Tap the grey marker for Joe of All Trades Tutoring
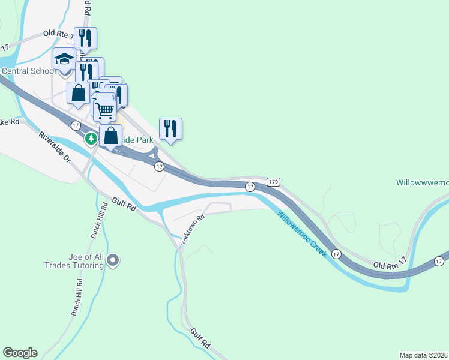tap(112, 260)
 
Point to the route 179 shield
tap(273, 181)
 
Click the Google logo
tap(20, 353)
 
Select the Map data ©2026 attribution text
tap(424, 355)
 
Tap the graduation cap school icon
tap(64, 59)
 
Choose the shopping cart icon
tap(105, 109)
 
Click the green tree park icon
tap(91, 139)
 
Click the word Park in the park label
tap(144, 140)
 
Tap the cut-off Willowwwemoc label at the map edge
tap(423, 182)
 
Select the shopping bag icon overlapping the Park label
tap(110, 135)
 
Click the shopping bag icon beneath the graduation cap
tap(78, 93)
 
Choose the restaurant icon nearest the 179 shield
tap(170, 128)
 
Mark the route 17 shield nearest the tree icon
tap(76, 125)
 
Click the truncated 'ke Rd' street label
tap(10, 122)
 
